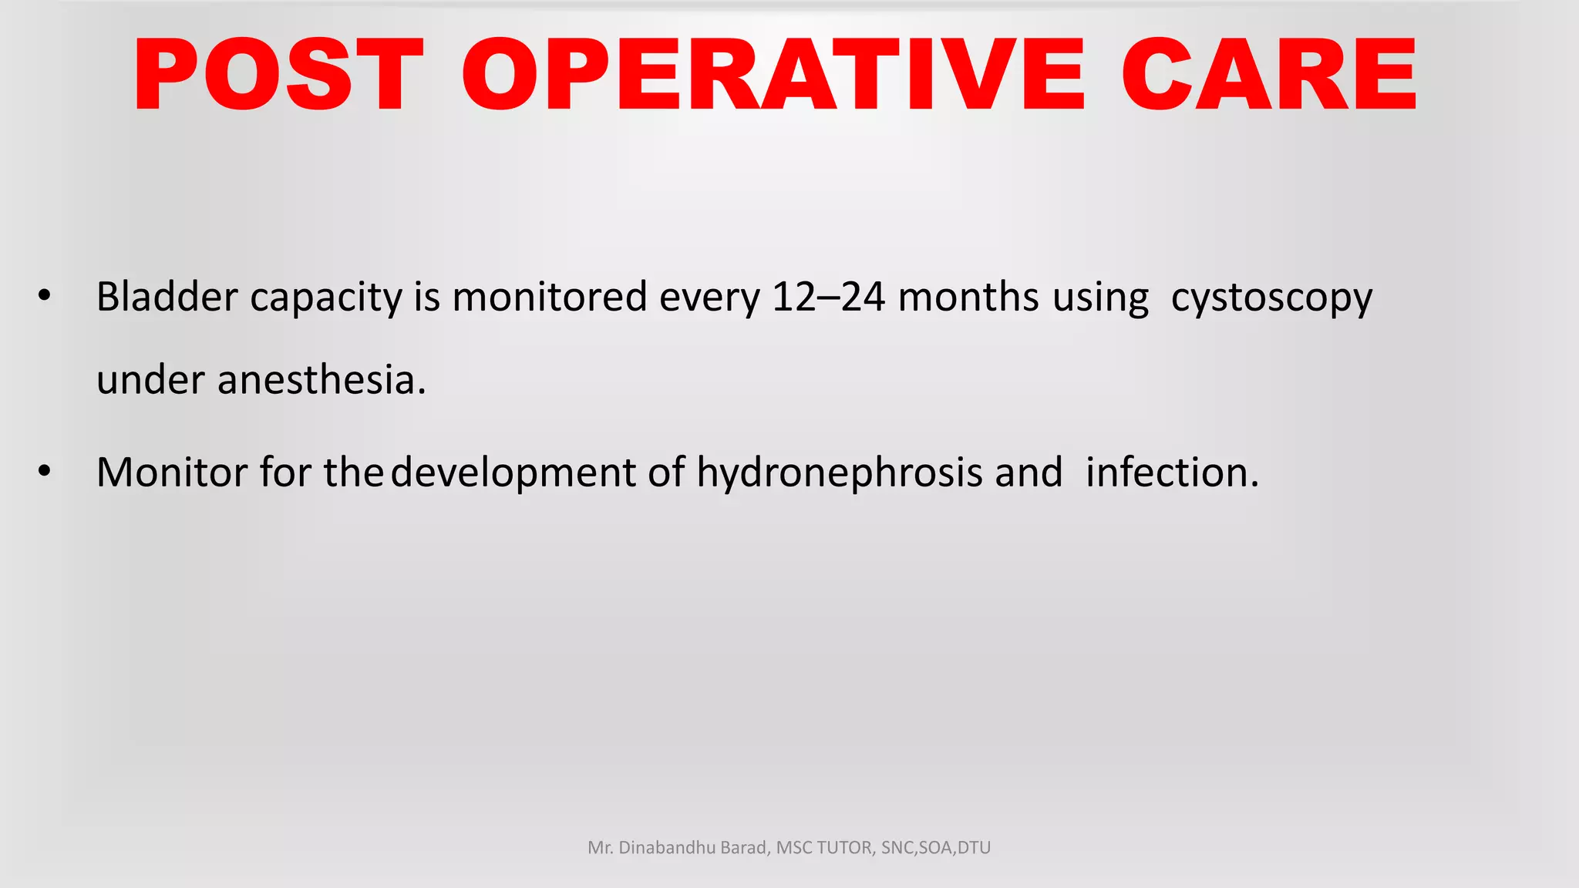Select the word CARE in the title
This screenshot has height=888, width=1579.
click(1268, 76)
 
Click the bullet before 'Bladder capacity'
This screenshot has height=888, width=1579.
click(45, 296)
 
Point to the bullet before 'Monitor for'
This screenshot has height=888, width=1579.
click(45, 471)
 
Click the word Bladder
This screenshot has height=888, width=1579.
click(167, 297)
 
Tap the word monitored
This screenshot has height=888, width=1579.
click(549, 297)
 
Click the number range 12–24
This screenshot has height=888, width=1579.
click(828, 297)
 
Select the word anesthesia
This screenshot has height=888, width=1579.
click(321, 380)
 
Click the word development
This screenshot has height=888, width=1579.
click(513, 473)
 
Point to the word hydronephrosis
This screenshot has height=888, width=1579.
click(840, 473)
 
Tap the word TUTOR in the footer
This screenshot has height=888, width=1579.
click(845, 848)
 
